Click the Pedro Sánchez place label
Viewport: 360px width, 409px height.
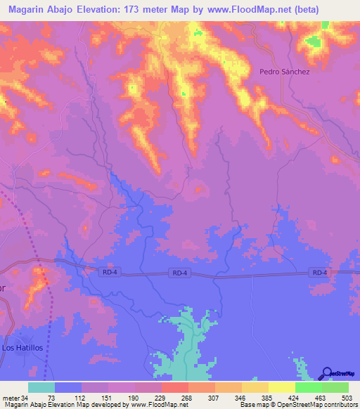[x=284, y=71]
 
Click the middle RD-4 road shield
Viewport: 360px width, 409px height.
[x=179, y=273]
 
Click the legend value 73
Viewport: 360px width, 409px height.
[x=51, y=397]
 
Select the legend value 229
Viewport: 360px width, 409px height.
[x=161, y=397]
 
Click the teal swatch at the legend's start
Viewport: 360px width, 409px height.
[x=41, y=387]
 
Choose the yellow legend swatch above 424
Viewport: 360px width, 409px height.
[x=282, y=387]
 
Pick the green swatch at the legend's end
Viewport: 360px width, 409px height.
[x=335, y=387]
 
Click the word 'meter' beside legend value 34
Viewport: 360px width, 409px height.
[x=11, y=397]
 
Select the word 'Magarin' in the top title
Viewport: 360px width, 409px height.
[x=30, y=9]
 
